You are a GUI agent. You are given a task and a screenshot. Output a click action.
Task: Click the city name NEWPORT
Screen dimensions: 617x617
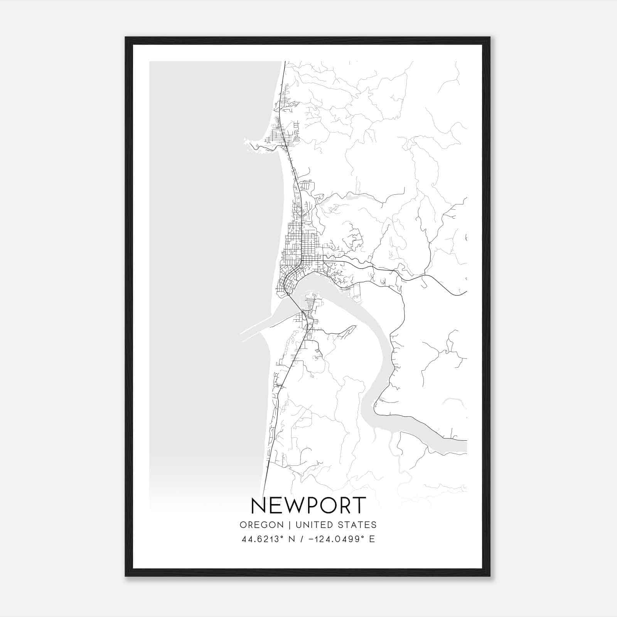(x=308, y=506)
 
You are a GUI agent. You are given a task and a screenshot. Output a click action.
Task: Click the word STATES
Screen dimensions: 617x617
(x=357, y=525)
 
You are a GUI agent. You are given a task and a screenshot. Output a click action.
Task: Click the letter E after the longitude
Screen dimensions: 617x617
(x=372, y=539)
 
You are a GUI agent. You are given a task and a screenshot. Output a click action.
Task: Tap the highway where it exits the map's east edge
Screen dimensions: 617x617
(x=465, y=293)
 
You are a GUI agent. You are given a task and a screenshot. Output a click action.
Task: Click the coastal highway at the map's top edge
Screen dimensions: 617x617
(x=285, y=62)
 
